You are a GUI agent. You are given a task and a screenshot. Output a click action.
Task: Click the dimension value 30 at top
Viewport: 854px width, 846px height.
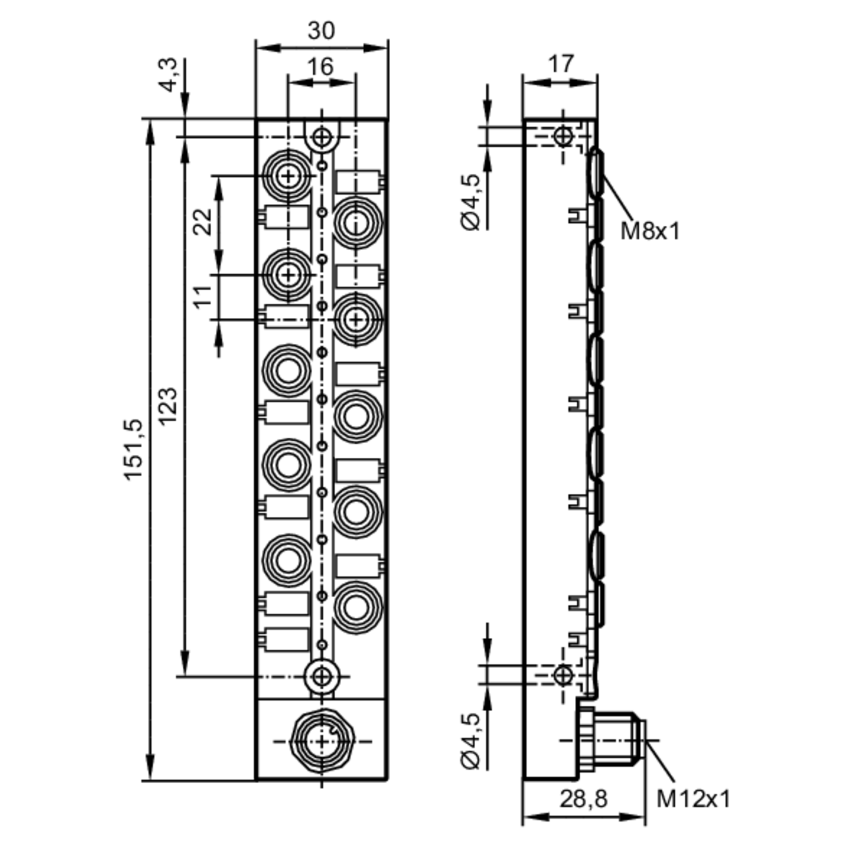322,31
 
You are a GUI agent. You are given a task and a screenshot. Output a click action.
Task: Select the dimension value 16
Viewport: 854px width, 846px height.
320,67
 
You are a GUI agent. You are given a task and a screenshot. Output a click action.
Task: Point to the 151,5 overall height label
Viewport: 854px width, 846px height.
134,450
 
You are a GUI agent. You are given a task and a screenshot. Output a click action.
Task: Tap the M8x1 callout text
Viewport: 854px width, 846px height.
649,231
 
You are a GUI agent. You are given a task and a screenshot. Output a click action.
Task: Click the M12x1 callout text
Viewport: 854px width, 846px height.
693,799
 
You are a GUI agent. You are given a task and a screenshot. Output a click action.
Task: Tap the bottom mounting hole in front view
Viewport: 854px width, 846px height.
322,676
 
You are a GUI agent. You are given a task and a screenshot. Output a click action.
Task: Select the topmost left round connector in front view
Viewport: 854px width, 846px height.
288,176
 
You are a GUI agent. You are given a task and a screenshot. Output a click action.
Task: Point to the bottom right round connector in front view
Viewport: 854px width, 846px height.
356,607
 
